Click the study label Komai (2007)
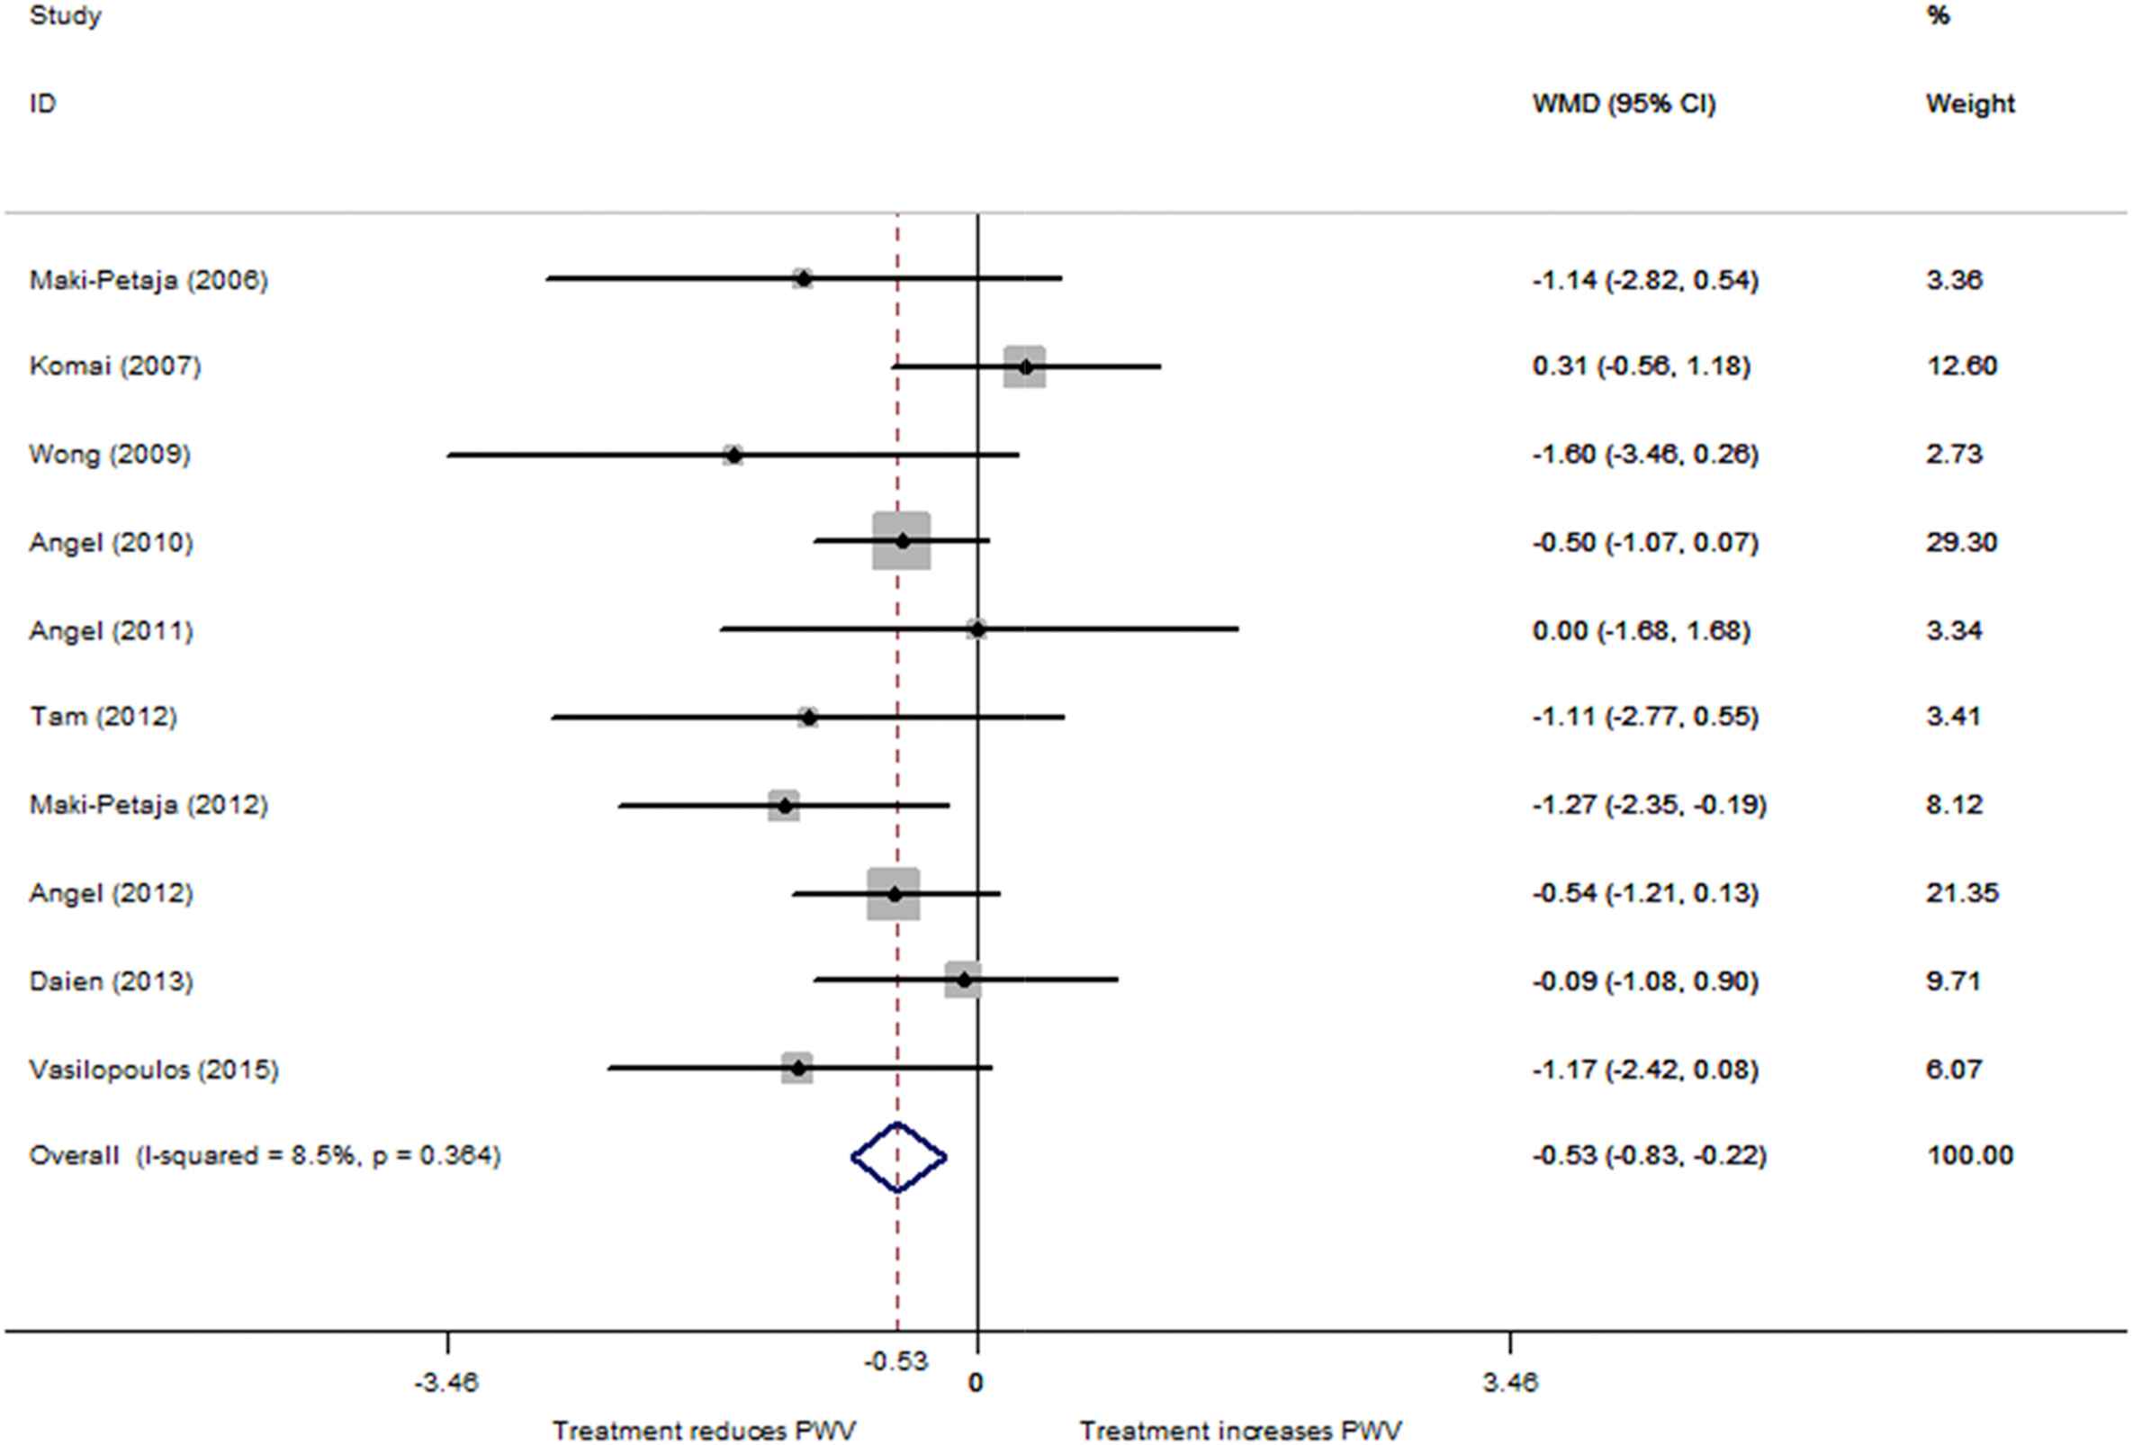114,366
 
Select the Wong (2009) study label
109,455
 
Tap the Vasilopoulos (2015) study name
153,1070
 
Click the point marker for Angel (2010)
902,542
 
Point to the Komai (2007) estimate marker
1025,367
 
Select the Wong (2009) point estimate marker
733,455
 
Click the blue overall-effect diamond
898,1158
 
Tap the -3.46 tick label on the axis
446,1383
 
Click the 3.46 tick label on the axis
1510,1383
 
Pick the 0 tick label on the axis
976,1383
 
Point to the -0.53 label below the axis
895,1361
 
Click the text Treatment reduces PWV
704,1431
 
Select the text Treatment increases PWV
1240,1431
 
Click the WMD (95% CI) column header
1623,104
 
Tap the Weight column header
1969,104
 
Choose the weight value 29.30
1961,543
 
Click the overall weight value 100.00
1969,1155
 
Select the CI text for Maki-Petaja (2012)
1649,805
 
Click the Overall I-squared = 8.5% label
265,1155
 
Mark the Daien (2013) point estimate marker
964,980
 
